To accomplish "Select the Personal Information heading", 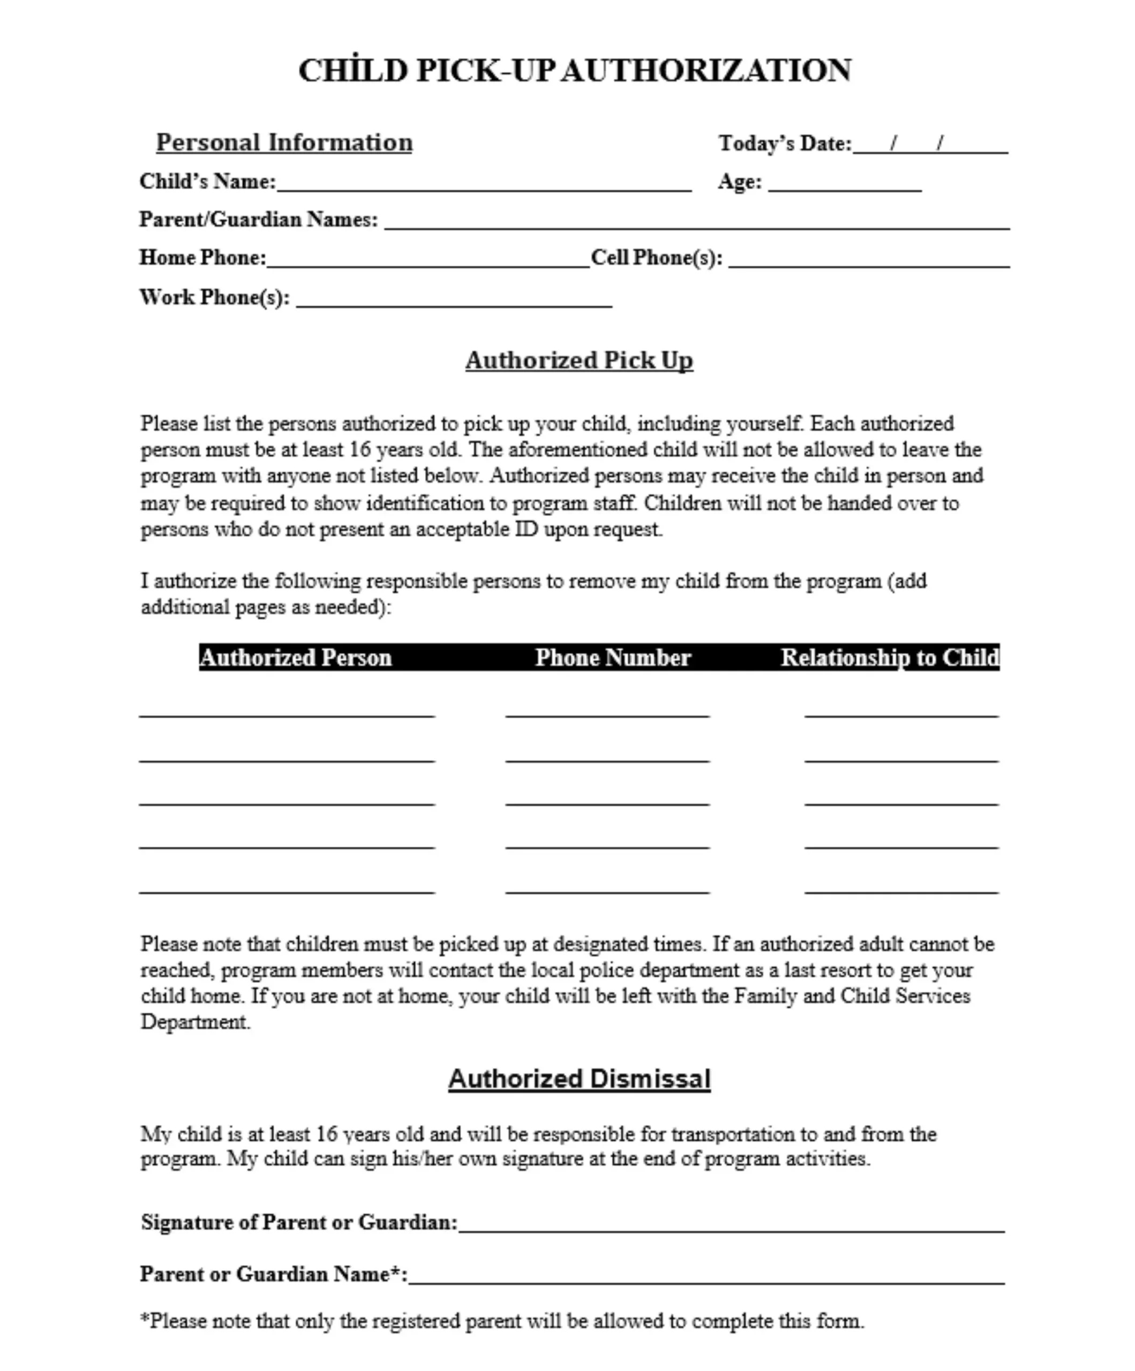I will click(x=284, y=142).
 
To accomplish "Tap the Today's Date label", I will click(x=785, y=144).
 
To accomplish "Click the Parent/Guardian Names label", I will click(x=259, y=220).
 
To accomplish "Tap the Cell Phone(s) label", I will click(x=656, y=258).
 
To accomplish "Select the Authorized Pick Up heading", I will click(x=578, y=360).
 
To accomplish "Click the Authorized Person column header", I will click(x=296, y=658).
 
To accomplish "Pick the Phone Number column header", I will click(x=613, y=658).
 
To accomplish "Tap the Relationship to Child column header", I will click(x=890, y=658).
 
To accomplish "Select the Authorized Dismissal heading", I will click(x=578, y=1079).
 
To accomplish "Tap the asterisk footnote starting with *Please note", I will click(x=501, y=1321).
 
